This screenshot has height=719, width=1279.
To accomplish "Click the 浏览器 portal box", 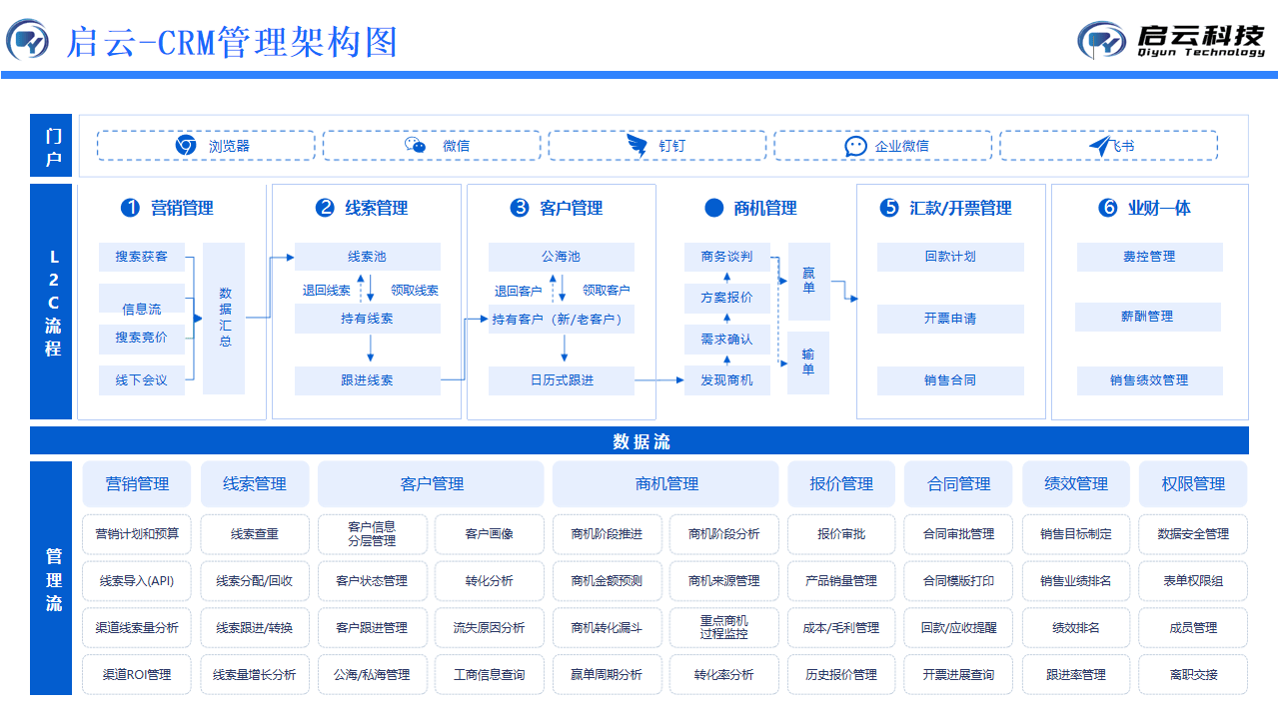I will tap(206, 146).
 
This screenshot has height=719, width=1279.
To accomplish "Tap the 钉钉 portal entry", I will tap(657, 146).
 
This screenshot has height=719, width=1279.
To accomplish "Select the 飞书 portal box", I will tap(1108, 146).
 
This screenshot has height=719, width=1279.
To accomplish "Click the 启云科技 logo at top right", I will tap(1171, 40).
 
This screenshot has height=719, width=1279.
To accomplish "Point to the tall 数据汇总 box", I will tap(224, 318).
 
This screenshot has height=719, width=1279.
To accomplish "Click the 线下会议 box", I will tap(142, 380).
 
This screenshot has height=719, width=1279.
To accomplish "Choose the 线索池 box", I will tap(367, 257).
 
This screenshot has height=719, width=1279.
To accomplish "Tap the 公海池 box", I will tap(561, 257).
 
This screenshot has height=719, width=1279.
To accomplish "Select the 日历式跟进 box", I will tap(561, 380).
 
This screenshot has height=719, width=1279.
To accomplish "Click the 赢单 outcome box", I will tap(808, 281).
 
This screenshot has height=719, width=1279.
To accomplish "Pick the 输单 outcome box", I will tap(808, 361).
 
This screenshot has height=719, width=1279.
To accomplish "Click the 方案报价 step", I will tap(726, 298).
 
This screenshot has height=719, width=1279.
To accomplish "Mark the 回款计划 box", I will tap(950, 257).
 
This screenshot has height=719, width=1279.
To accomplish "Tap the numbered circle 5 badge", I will tap(889, 208).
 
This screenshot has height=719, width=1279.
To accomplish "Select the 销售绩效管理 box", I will tap(1149, 380).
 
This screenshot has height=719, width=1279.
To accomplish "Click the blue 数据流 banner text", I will tap(640, 441).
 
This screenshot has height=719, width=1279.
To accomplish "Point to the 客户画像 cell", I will tap(490, 534).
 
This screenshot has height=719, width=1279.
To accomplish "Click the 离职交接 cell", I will tap(1193, 675).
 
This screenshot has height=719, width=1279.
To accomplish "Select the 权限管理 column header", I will tap(1193, 484).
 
